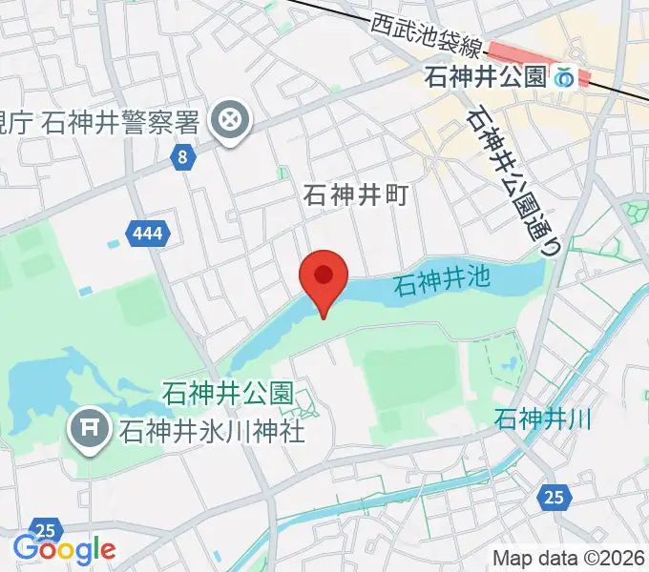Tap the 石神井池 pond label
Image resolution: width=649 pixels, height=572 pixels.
[440, 280]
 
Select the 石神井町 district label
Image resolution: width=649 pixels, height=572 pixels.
[356, 195]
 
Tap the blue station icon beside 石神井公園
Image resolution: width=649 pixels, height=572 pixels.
[565, 76]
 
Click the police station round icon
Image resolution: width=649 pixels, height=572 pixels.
[231, 121]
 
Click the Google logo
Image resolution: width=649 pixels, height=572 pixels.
[64, 549]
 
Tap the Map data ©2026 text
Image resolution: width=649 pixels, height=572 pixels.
[570, 559]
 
